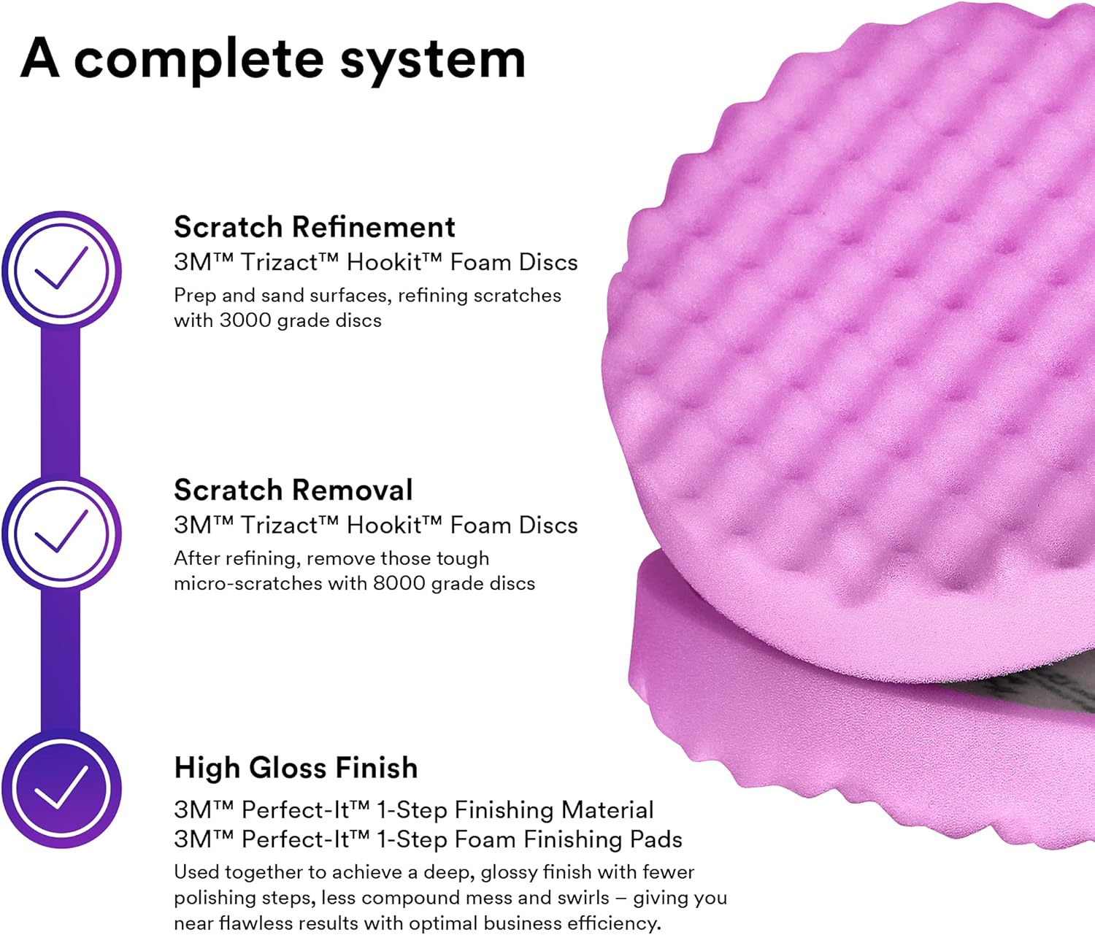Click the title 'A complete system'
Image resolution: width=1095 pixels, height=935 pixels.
273,58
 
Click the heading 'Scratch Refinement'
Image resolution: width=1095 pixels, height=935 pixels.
315,227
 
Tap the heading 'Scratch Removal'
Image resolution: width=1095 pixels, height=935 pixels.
293,490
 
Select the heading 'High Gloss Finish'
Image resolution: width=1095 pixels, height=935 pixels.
296,768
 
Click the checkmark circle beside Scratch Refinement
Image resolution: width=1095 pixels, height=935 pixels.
62,270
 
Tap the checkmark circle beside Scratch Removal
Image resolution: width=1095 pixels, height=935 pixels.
62,533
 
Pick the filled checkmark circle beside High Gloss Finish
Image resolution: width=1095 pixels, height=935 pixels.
62,790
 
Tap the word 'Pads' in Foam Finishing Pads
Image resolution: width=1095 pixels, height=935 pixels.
658,839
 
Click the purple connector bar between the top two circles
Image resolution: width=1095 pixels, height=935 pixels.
61,401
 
